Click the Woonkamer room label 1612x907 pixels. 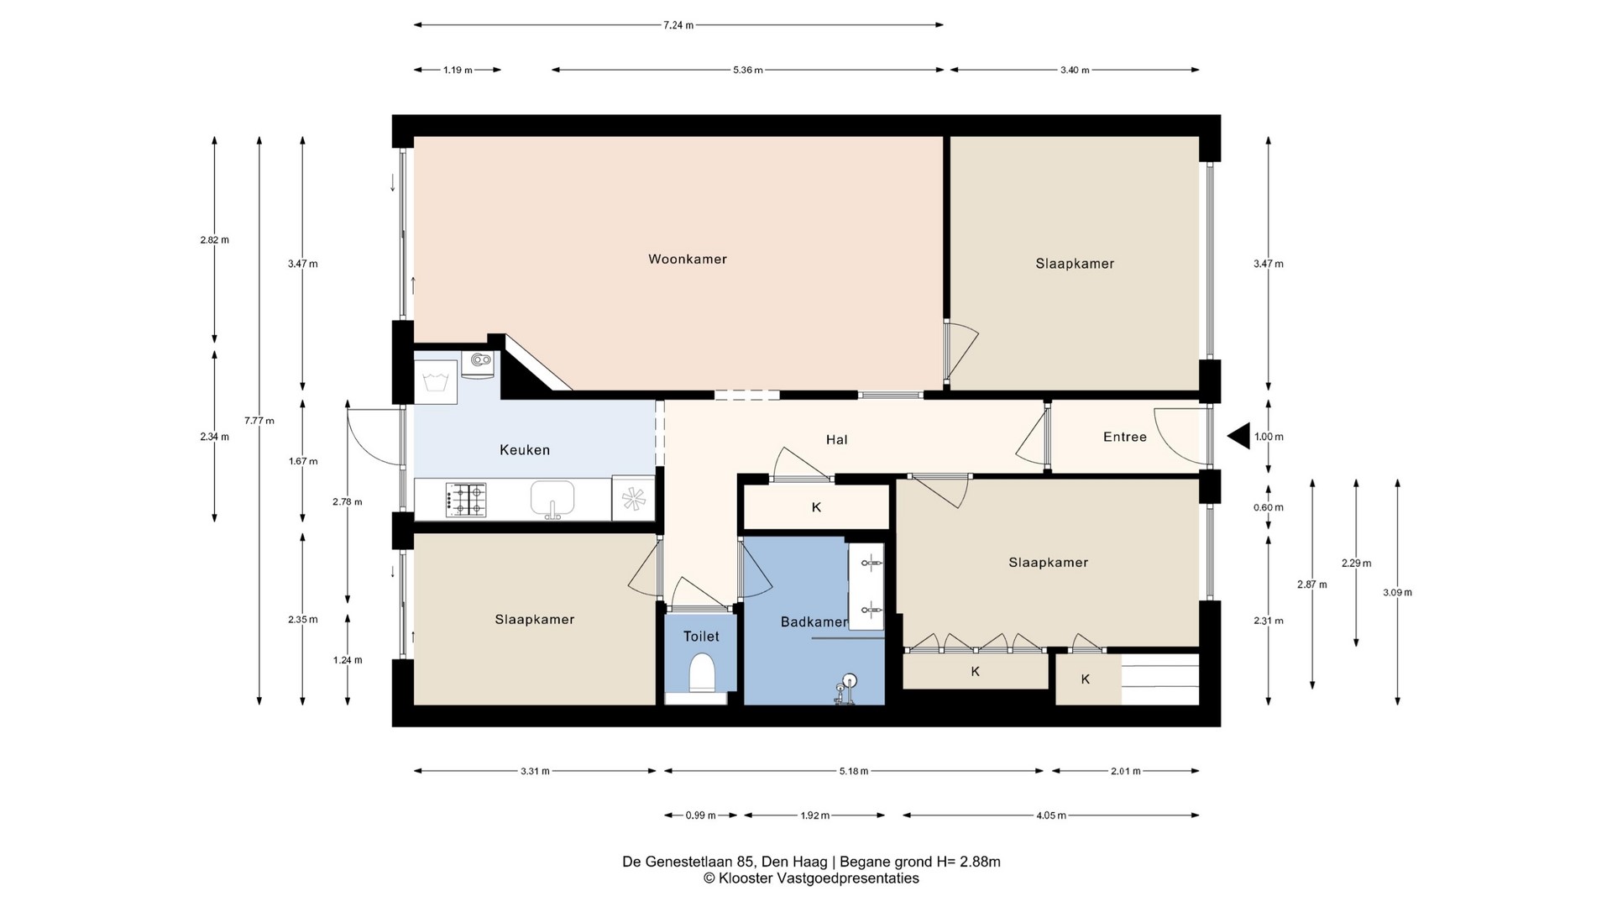(688, 260)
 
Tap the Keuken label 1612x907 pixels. (525, 450)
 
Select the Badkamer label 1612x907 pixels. (814, 622)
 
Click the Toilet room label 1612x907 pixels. (701, 637)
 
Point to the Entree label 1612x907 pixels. (1125, 437)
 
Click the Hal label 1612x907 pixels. (836, 439)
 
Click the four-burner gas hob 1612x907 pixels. (466, 500)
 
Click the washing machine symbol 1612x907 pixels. (436, 382)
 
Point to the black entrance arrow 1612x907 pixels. (1238, 437)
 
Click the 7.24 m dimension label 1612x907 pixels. (678, 25)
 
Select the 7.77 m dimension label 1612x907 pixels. (259, 421)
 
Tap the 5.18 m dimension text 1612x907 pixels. (854, 771)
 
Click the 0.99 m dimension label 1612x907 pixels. (701, 815)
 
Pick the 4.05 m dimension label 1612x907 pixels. (1051, 815)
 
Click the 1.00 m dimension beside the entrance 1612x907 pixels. (1269, 437)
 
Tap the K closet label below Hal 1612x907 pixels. (816, 507)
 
